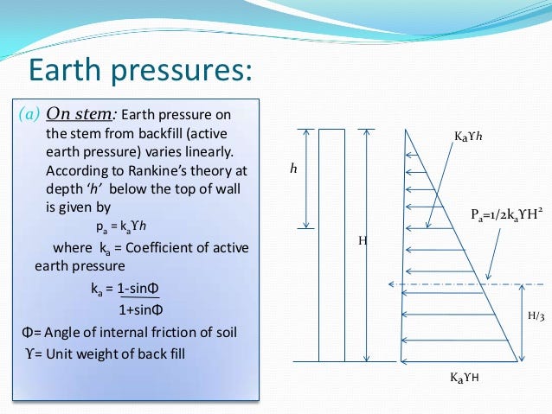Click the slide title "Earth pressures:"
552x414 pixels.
[140, 69]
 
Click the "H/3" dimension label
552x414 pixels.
[536, 316]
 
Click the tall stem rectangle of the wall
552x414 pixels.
[332, 245]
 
